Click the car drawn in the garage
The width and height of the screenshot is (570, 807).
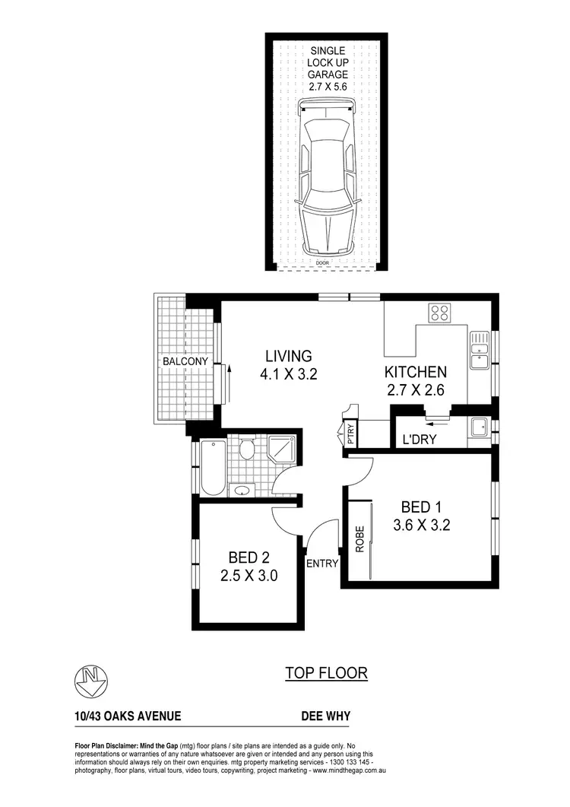tap(327, 182)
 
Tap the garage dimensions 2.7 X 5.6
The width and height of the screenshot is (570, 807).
tap(327, 88)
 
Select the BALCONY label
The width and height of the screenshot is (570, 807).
tap(185, 362)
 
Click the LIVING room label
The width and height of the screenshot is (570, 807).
tap(288, 356)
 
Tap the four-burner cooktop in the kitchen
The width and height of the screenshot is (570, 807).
tap(439, 312)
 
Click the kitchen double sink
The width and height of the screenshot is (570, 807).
tap(479, 350)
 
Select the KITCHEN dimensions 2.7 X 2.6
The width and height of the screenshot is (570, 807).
tap(414, 392)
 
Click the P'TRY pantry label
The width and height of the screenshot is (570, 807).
tap(350, 434)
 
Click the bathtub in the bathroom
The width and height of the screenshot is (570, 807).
tap(211, 468)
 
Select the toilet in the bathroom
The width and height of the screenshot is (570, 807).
tap(245, 451)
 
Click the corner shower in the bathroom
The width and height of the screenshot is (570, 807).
tap(283, 450)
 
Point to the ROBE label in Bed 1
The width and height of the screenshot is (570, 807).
tap(359, 540)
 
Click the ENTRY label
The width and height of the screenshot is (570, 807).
tap(321, 564)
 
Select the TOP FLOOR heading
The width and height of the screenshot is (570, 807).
tap(326, 673)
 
